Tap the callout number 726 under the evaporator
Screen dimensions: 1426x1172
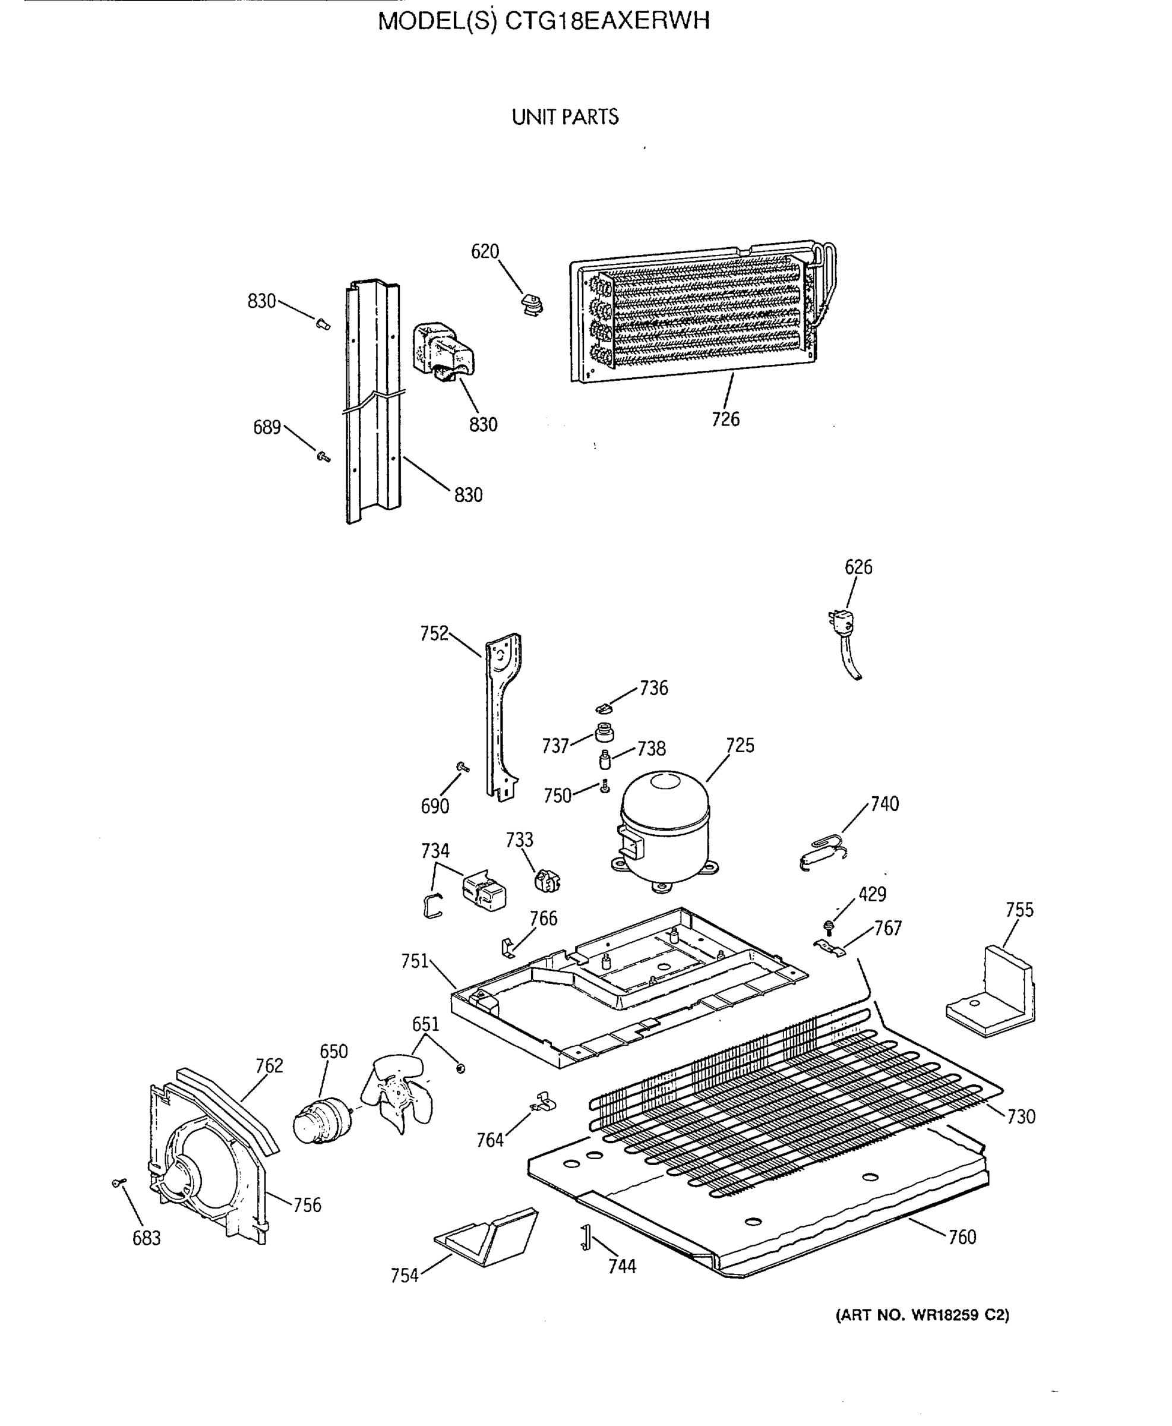726,419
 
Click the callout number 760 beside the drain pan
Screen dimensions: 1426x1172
962,1237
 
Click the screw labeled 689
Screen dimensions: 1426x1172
323,457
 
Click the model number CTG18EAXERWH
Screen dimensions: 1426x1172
607,21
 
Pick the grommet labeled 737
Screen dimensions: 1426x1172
604,732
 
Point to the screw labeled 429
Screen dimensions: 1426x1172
829,927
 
